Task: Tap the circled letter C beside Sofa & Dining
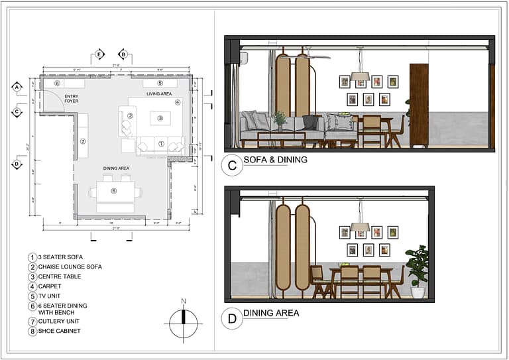point(232,166)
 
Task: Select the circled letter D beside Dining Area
point(232,319)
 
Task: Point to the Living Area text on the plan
point(159,94)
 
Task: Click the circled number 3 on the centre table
point(160,119)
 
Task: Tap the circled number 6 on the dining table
point(114,191)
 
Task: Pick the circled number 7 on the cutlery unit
point(84,141)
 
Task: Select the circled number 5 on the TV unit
point(160,84)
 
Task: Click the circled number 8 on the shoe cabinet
point(58,84)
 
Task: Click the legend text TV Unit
point(51,296)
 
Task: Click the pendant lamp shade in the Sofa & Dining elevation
point(361,77)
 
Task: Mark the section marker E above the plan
point(99,54)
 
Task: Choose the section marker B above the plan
point(123,54)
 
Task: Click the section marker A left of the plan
point(17,86)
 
